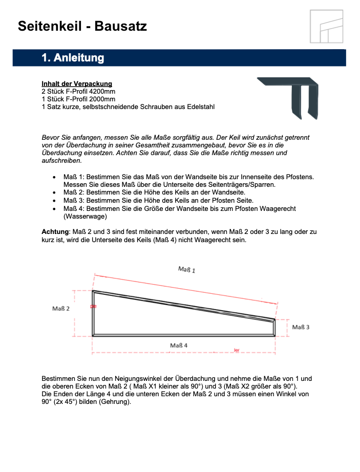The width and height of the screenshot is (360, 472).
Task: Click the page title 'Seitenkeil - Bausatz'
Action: click(x=82, y=26)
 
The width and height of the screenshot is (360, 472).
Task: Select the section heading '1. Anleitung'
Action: click(x=73, y=58)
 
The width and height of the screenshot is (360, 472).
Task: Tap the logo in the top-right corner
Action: click(x=327, y=26)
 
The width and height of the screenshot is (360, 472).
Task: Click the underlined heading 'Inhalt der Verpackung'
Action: click(x=77, y=83)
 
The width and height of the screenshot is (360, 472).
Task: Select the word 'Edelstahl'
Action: click(x=200, y=106)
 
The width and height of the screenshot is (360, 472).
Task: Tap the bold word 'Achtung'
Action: click(x=55, y=232)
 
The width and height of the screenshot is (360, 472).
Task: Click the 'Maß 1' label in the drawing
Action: click(x=186, y=269)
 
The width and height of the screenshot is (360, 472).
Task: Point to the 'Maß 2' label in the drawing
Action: click(x=61, y=308)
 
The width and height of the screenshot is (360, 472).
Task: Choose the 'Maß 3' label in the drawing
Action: click(x=301, y=327)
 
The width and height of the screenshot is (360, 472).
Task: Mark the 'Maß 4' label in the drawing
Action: click(x=179, y=345)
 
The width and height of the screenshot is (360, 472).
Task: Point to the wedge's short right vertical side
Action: click(x=274, y=328)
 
